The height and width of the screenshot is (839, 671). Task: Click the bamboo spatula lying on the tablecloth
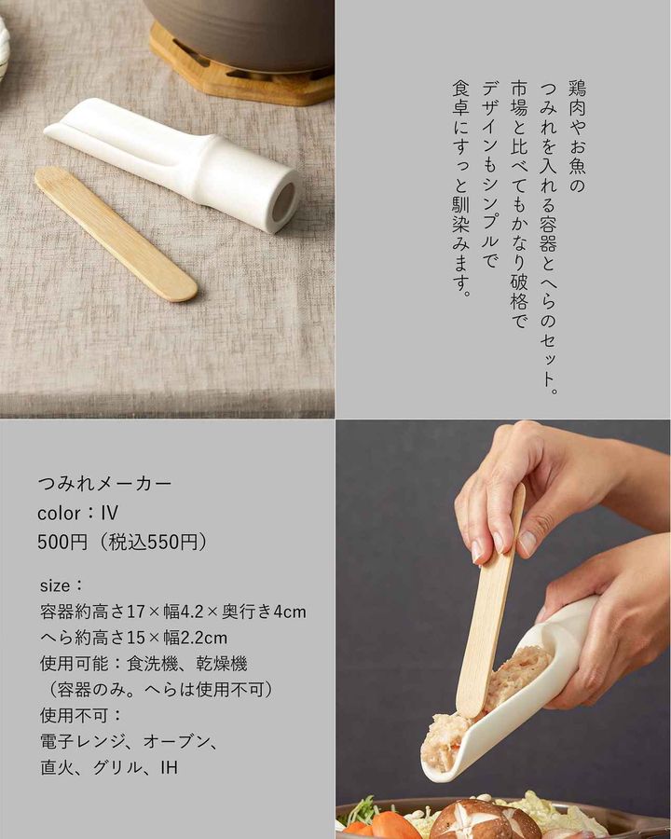coord(116,233)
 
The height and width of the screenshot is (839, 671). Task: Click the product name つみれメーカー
coord(105,484)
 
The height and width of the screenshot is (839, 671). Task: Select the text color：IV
coord(77,513)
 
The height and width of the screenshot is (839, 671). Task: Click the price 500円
coord(62,542)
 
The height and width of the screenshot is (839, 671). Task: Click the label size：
coord(61,585)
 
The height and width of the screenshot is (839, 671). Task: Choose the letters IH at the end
coord(169,768)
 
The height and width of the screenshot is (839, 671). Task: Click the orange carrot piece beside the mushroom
coord(394,826)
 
